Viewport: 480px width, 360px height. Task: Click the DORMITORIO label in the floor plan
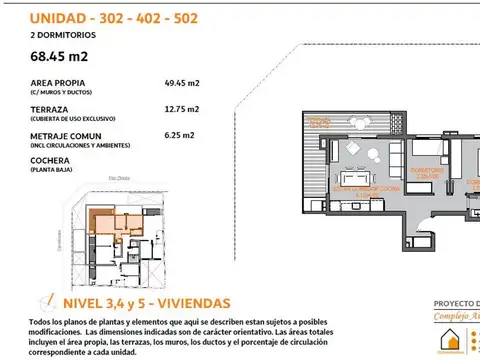click(428, 171)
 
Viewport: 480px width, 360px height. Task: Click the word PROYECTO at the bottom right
click(455, 304)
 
